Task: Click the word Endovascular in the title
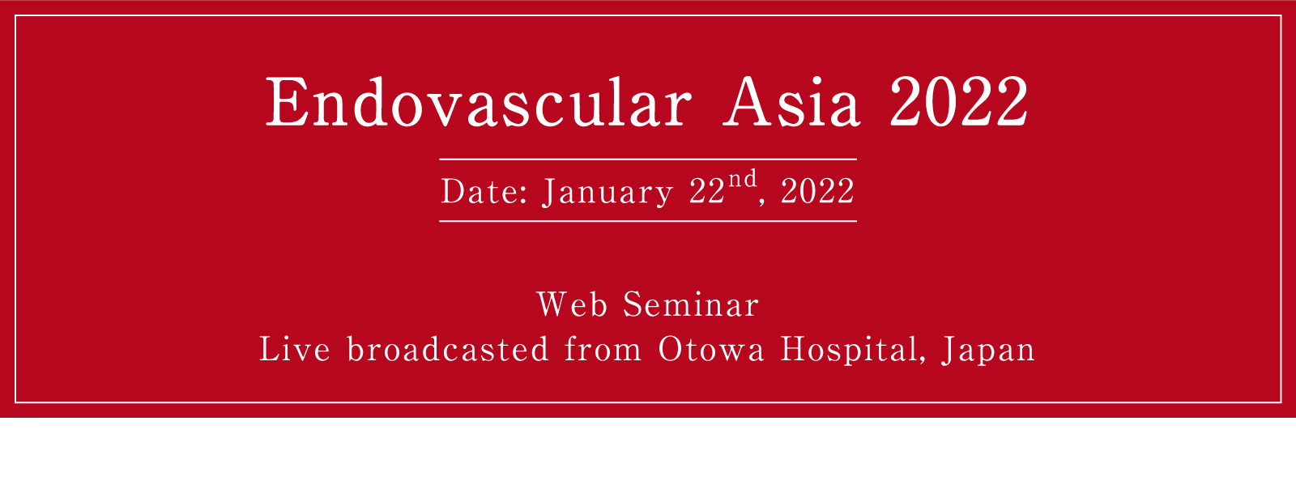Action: [x=479, y=103]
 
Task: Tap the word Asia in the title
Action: [x=791, y=103]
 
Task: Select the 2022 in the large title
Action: [x=959, y=103]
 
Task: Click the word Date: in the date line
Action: [x=484, y=193]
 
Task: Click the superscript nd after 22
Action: [x=742, y=180]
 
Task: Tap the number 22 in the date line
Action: [x=706, y=193]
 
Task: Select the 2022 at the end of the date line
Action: [x=817, y=193]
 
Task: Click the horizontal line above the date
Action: [x=648, y=159]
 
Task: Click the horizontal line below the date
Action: [x=648, y=221]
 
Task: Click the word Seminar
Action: [x=691, y=306]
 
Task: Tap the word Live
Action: [x=295, y=350]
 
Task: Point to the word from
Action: [x=603, y=350]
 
